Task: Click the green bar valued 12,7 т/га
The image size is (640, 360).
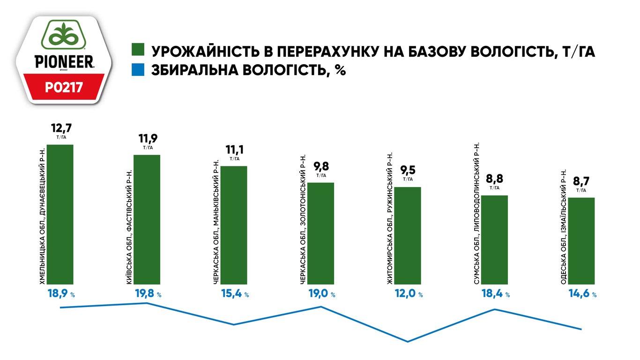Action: [60, 215]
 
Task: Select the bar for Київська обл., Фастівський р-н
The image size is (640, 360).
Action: [147, 219]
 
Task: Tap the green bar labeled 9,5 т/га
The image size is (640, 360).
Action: [408, 236]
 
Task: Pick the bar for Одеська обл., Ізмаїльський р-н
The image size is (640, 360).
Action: [581, 241]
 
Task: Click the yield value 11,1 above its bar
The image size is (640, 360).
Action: [235, 150]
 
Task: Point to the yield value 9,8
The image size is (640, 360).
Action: [321, 166]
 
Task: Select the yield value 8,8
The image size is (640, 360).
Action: [495, 179]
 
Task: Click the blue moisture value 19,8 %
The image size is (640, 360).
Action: [148, 293]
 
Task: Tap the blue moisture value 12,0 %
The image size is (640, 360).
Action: [409, 293]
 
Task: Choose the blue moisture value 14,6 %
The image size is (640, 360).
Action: [582, 293]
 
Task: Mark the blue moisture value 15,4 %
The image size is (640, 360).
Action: [235, 293]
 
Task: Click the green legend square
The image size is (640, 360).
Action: [138, 50]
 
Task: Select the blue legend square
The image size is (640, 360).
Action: [138, 70]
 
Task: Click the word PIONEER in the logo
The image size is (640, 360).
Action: [64, 62]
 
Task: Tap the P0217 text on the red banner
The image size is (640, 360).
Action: [64, 88]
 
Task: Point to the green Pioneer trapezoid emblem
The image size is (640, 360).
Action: [63, 35]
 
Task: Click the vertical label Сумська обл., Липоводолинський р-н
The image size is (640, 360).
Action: [476, 213]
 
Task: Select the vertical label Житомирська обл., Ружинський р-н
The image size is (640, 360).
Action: [390, 218]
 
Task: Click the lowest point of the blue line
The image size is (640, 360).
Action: [408, 341]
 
